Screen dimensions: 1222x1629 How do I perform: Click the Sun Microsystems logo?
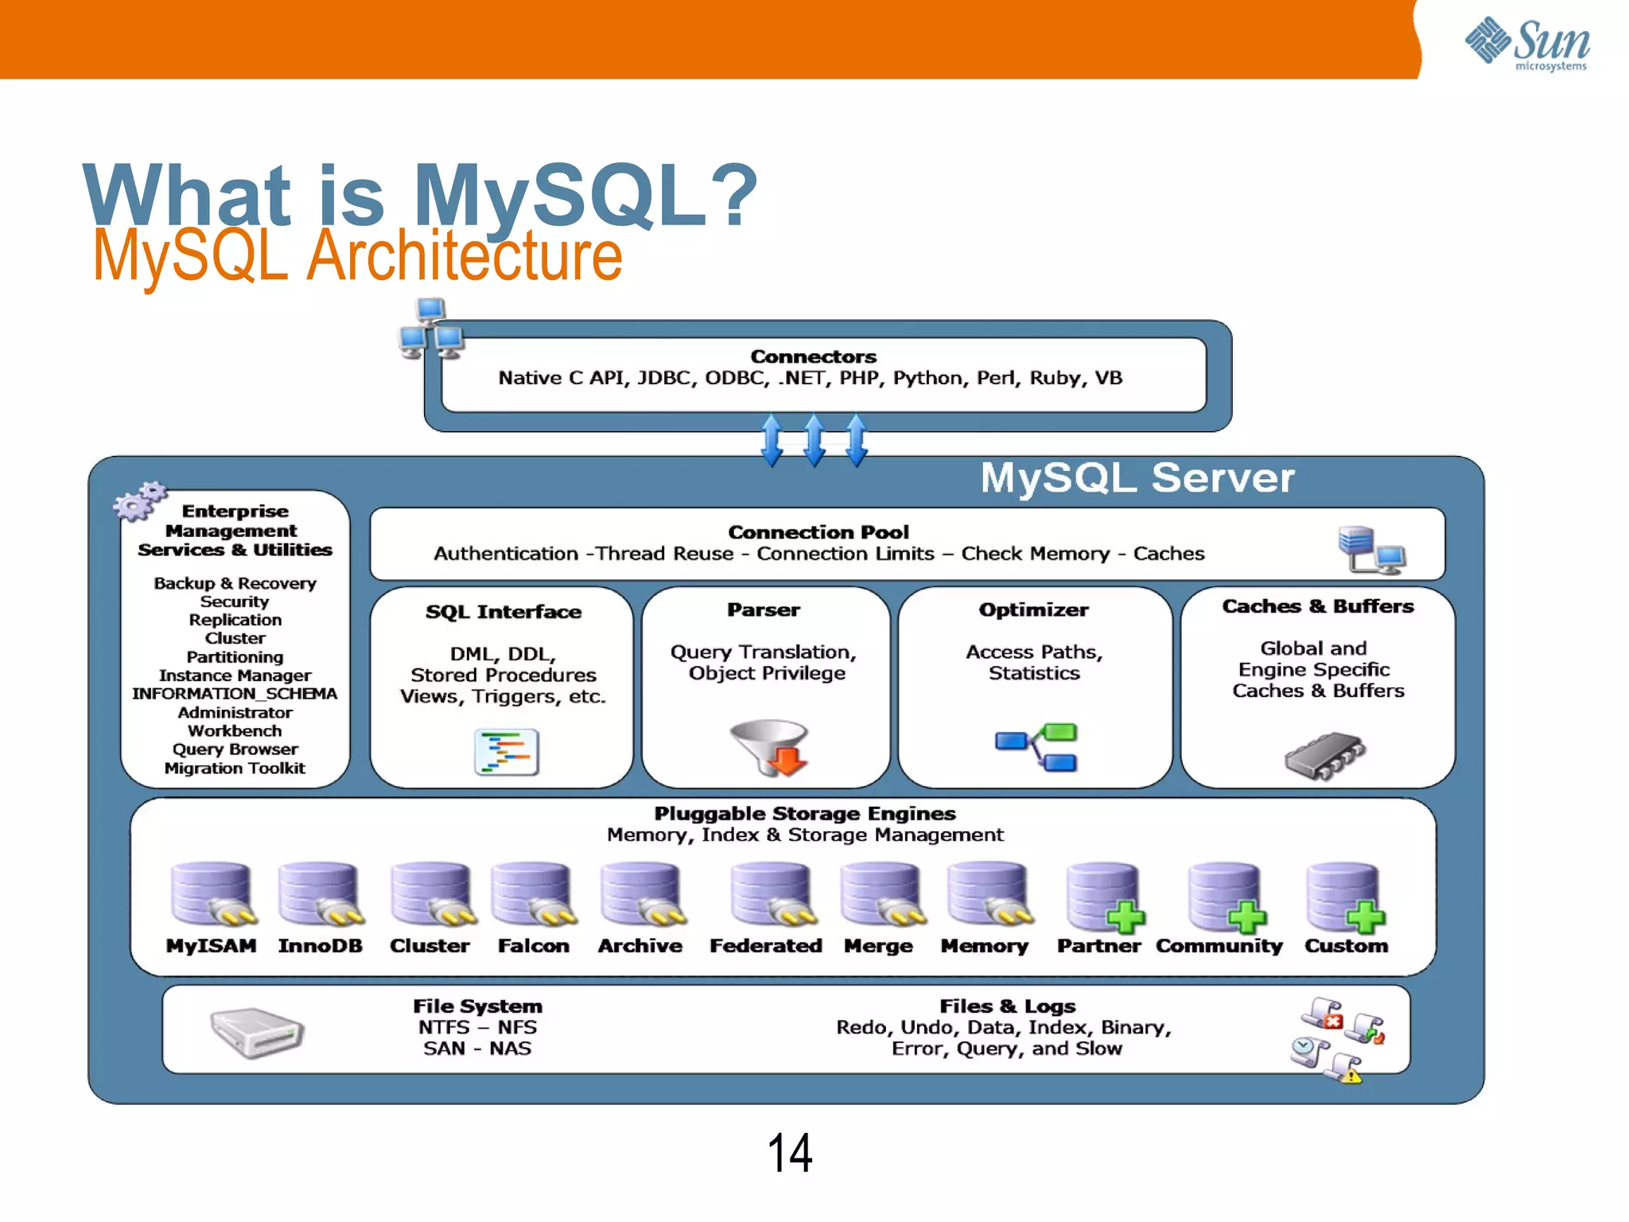click(1526, 44)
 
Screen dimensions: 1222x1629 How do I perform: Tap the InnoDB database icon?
click(318, 894)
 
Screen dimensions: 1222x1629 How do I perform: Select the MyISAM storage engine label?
click(211, 946)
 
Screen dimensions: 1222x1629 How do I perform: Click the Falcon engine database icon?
click(531, 894)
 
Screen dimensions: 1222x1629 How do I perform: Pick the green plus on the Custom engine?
click(1366, 918)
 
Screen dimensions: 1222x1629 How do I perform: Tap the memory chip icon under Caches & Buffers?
click(1324, 754)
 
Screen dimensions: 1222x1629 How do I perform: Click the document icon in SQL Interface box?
click(507, 752)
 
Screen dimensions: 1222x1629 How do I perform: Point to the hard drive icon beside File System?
click(257, 1032)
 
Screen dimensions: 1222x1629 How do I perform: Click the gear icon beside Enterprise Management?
click(139, 500)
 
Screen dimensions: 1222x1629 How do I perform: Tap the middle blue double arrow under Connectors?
click(814, 440)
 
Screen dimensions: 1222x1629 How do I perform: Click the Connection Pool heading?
click(818, 532)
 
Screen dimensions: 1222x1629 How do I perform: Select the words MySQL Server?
click(1137, 478)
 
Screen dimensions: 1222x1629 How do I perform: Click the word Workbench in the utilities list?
click(235, 731)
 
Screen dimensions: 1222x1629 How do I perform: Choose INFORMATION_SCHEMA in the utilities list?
click(235, 694)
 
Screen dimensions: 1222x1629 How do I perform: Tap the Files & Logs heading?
click(1007, 1006)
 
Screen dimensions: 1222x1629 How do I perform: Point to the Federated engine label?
click(765, 946)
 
